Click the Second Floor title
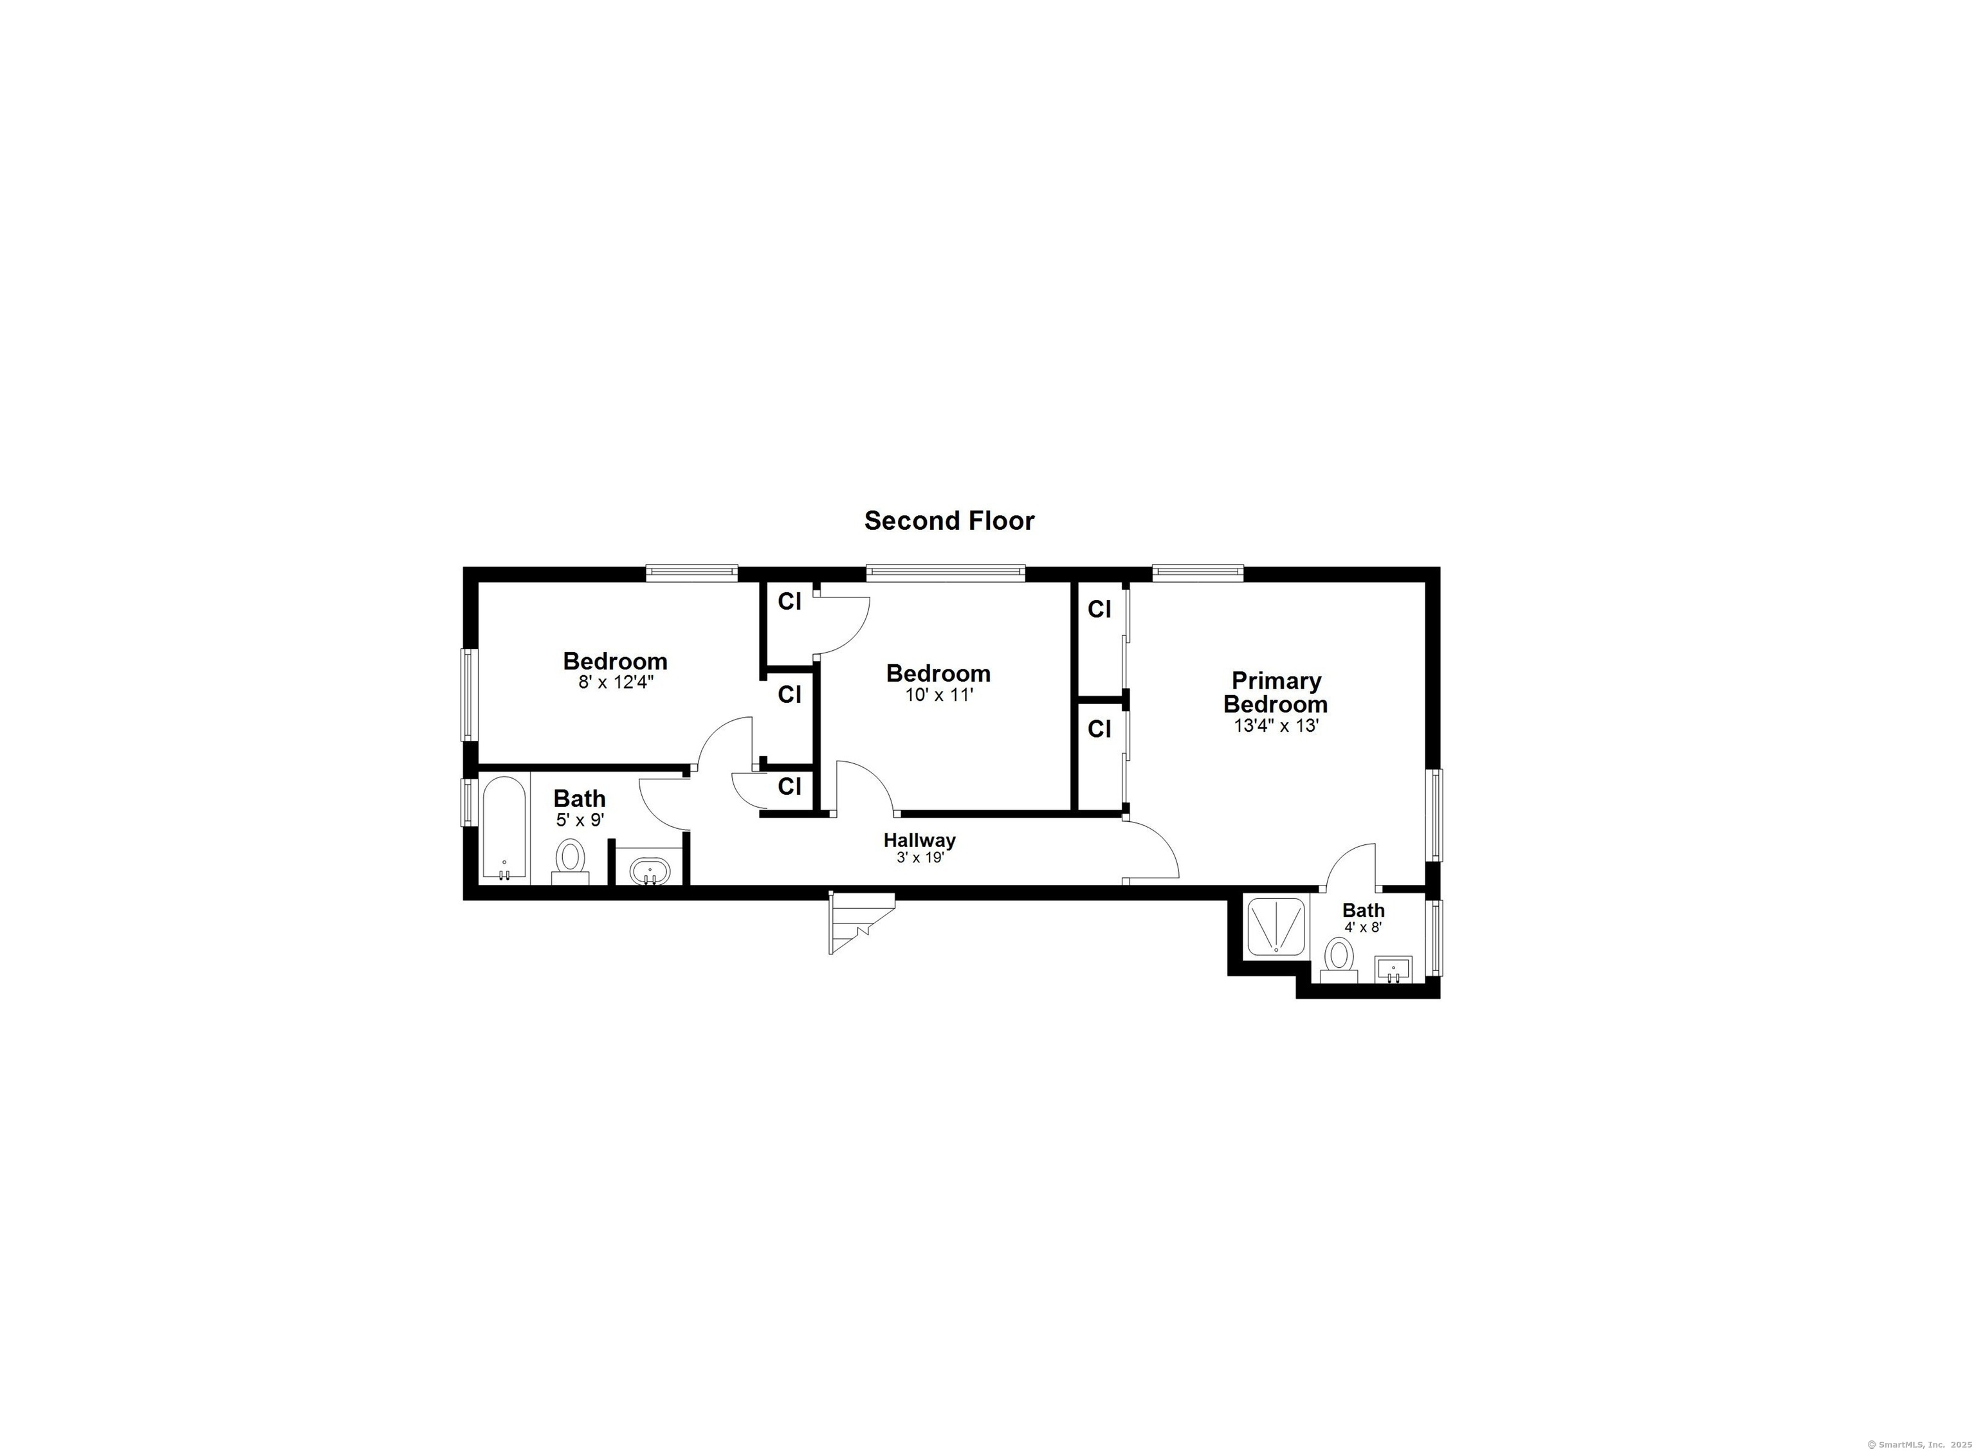pos(949,522)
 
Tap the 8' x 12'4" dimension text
pos(616,682)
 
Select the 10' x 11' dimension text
pos(938,694)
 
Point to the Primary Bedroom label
pos(1276,692)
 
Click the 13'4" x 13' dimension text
pos(1276,726)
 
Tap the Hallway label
pos(919,840)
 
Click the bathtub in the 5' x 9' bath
pos(504,828)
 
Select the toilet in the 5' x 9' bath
pos(571,861)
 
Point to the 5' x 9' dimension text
pos(580,820)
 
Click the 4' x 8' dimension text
pos(1364,927)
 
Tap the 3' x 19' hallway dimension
pos(919,858)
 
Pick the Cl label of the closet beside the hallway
pos(789,786)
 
